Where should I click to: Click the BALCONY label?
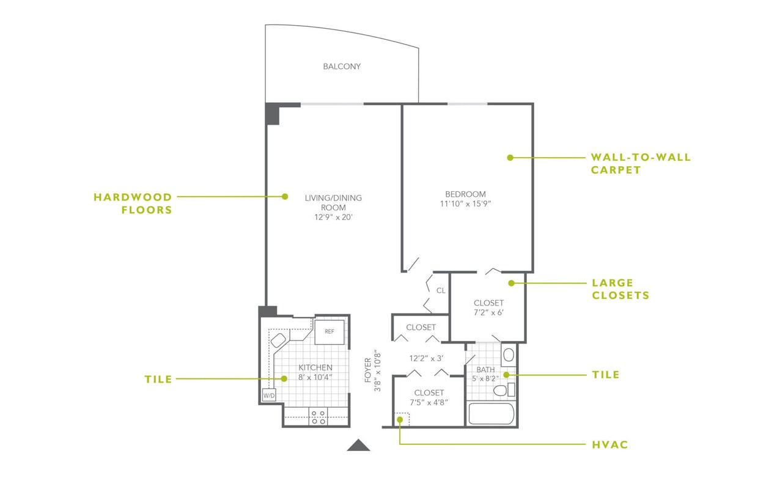pyautogui.click(x=342, y=67)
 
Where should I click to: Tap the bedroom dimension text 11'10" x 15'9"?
pyautogui.click(x=465, y=204)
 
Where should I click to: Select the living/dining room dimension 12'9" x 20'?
pyautogui.click(x=333, y=218)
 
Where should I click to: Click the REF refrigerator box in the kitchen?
pyautogui.click(x=329, y=332)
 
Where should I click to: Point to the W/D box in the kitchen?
pyautogui.click(x=268, y=396)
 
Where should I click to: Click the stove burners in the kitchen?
pyautogui.click(x=318, y=417)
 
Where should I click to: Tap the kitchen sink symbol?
pyautogui.click(x=279, y=340)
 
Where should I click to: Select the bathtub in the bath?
pyautogui.click(x=491, y=414)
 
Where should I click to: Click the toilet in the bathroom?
pyautogui.click(x=499, y=390)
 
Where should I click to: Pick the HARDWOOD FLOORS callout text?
pyautogui.click(x=133, y=204)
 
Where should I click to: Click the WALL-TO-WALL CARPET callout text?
pyautogui.click(x=640, y=164)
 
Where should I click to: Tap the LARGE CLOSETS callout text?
pyautogui.click(x=620, y=289)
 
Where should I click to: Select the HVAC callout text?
pyautogui.click(x=609, y=445)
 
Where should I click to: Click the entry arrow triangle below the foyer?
pyautogui.click(x=359, y=446)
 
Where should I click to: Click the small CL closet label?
pyautogui.click(x=441, y=290)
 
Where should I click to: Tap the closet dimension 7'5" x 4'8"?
pyautogui.click(x=429, y=403)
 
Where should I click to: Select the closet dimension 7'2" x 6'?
pyautogui.click(x=488, y=313)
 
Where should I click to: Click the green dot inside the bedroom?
pyautogui.click(x=509, y=158)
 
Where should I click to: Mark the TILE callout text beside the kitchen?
pyautogui.click(x=158, y=379)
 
